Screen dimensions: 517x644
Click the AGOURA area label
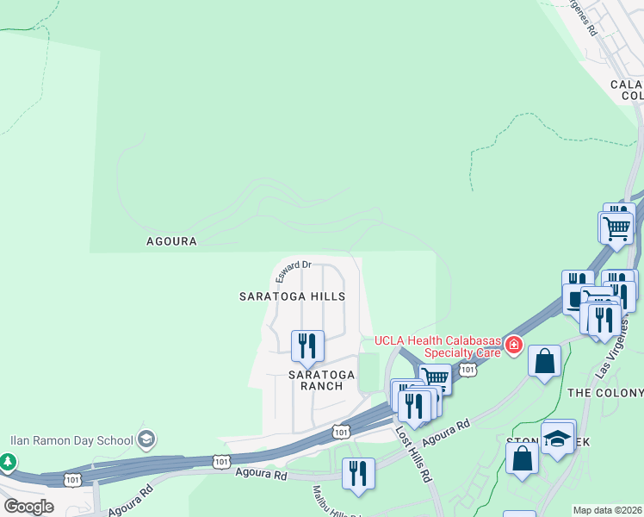(x=171, y=242)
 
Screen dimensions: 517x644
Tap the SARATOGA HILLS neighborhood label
(x=292, y=296)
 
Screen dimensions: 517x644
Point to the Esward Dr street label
(x=293, y=271)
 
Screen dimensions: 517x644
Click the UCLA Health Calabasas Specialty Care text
(x=437, y=346)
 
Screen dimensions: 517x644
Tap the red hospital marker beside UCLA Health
(x=514, y=346)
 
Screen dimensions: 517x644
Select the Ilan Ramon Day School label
(x=71, y=439)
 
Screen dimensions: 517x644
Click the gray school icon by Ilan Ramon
(x=146, y=439)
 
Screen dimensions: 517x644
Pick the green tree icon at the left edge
(x=8, y=462)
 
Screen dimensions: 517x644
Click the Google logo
(x=28, y=506)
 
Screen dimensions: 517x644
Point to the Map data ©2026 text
(x=607, y=510)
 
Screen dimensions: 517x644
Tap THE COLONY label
(x=604, y=393)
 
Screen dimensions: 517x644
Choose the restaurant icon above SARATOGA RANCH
(x=307, y=346)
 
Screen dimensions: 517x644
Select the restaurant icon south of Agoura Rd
(x=358, y=473)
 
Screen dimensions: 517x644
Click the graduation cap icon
(x=557, y=439)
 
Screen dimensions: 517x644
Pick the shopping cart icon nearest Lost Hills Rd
(x=436, y=378)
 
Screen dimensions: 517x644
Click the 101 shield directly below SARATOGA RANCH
(x=342, y=431)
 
